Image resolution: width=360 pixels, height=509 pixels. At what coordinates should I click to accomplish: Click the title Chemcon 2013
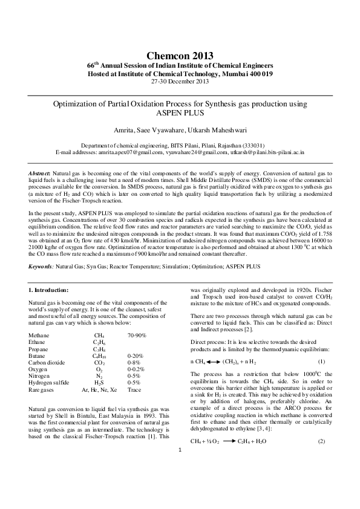coord(180,56)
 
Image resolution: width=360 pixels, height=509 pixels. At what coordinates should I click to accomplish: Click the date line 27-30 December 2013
coord(180,80)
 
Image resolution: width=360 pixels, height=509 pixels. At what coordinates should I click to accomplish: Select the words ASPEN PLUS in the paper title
coord(180,113)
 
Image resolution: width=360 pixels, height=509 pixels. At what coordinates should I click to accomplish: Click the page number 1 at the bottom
coord(180,484)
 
